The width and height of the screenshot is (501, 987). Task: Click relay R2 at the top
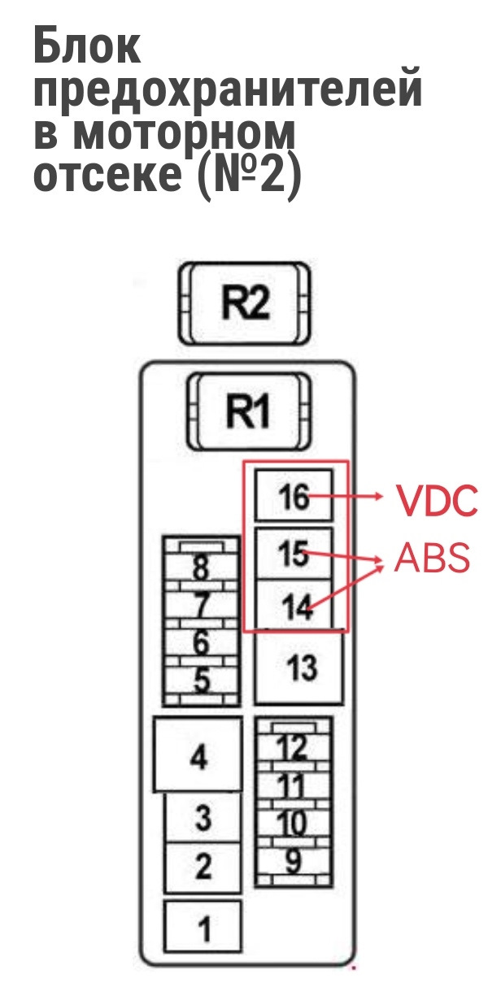pos(245,303)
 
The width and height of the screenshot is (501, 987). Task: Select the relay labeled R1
pos(248,411)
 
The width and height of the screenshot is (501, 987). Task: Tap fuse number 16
pos(294,496)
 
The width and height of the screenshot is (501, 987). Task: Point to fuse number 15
pos(294,554)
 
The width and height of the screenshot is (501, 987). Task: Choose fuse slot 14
pos(294,605)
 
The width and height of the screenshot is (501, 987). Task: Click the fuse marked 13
pos(298,667)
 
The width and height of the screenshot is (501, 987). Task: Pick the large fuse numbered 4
pos(198,757)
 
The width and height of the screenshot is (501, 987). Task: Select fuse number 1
pos(203,925)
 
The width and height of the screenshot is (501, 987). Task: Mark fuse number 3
pos(203,818)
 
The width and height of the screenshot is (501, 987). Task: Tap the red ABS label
pos(431,558)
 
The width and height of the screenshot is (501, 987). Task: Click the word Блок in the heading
pos(87,46)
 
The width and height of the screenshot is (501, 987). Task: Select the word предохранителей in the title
pos(228,89)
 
